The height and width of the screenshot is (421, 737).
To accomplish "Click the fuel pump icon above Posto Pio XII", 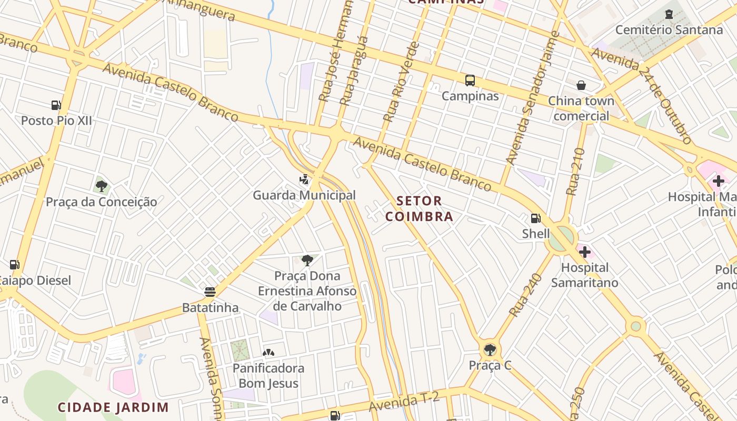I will tap(56, 105).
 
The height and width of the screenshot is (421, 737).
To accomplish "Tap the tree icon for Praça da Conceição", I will tap(101, 186).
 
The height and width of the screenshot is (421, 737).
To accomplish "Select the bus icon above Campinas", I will tap(470, 81).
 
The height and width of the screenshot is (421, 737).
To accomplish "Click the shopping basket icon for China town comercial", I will tap(581, 85).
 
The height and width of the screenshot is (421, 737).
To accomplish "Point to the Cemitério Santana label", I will tap(669, 29).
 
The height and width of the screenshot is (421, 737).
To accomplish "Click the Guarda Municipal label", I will tap(304, 195).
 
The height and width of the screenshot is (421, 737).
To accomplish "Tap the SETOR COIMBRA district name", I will tap(419, 208).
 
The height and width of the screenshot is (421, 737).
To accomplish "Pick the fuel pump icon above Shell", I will tap(535, 218).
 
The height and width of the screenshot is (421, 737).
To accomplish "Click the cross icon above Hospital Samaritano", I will tap(584, 252).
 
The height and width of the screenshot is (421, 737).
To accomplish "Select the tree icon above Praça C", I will tap(490, 349).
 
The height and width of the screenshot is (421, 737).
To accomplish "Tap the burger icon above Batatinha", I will tap(210, 292).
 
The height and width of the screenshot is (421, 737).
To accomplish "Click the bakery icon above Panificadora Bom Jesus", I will tap(268, 352).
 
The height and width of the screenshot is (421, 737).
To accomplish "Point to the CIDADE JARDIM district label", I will tap(113, 407).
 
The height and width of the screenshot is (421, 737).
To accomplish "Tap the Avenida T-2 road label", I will tap(404, 403).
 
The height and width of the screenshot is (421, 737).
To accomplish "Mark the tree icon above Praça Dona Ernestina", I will tap(307, 260).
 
